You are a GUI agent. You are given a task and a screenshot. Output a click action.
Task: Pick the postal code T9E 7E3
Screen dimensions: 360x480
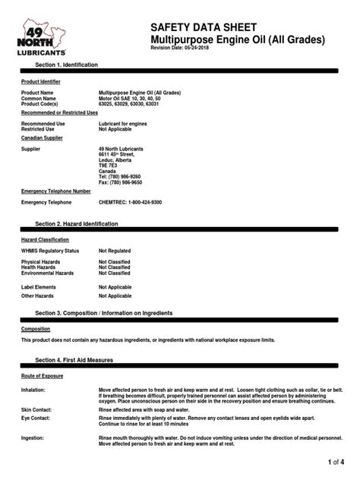[109, 165]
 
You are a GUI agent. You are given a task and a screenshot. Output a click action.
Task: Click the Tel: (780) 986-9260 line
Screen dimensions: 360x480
[120, 176]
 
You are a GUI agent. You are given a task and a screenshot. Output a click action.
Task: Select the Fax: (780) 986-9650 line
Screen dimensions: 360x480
[120, 182]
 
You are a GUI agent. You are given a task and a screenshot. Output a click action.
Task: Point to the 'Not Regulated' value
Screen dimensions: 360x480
[115, 250]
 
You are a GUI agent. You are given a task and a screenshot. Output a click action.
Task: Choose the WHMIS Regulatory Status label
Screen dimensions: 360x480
[50, 250]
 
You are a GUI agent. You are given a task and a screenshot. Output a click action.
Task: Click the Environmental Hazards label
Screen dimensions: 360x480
[48, 273]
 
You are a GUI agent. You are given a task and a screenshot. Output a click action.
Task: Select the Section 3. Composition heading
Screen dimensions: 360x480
[104, 312]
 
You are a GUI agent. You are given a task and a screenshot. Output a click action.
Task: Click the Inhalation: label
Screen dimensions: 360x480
[33, 389]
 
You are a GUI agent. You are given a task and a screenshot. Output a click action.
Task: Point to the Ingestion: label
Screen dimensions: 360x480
[33, 437]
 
